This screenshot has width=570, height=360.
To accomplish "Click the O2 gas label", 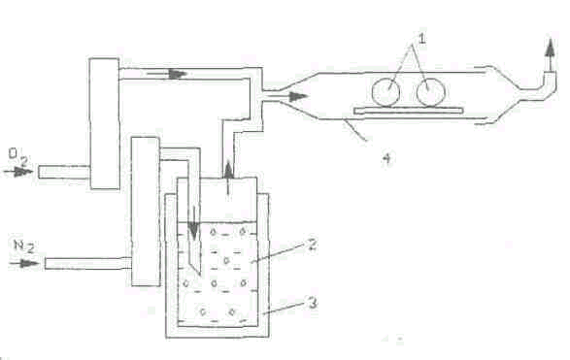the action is pyautogui.click(x=17, y=157).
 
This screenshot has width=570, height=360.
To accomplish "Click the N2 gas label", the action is pyautogui.click(x=24, y=246).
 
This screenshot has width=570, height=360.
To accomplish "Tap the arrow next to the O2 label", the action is pyautogui.click(x=18, y=172).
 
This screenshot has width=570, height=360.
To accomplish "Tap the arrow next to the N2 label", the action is pyautogui.click(x=24, y=263).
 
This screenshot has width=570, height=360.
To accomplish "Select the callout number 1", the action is pyautogui.click(x=421, y=38).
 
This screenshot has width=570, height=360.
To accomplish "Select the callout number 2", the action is pyautogui.click(x=312, y=245).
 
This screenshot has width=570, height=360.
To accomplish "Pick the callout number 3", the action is pyautogui.click(x=313, y=303).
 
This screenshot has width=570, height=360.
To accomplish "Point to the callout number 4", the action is pyautogui.click(x=387, y=158).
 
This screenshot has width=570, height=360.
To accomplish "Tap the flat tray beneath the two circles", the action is pyautogui.click(x=409, y=111).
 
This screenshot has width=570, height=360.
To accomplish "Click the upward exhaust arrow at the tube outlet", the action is pyautogui.click(x=551, y=54).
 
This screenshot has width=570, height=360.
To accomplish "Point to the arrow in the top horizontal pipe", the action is pyautogui.click(x=166, y=74).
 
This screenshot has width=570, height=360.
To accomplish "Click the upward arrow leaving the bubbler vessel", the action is pyautogui.click(x=228, y=180).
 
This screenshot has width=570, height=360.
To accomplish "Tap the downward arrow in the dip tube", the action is pyautogui.click(x=194, y=224).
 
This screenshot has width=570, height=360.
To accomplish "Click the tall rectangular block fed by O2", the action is pyautogui.click(x=105, y=123).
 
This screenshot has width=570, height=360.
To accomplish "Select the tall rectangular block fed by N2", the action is pyautogui.click(x=146, y=212).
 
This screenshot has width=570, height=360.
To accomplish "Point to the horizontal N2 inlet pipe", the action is pyautogui.click(x=88, y=263).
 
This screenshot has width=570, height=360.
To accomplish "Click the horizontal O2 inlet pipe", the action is pyautogui.click(x=64, y=172).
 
